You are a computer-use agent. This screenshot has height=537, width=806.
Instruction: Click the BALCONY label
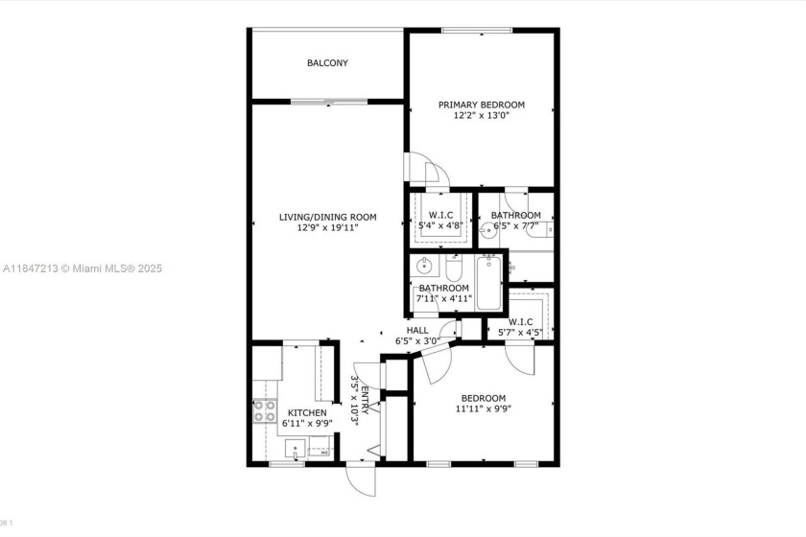pos(327,63)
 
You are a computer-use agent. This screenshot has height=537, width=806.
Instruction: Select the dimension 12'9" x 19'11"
pos(327,228)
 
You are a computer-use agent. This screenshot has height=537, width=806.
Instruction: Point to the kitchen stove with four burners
pos(265,411)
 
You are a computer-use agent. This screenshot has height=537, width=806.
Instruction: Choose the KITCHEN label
pos(307,413)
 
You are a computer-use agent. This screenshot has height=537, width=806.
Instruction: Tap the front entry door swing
pos(362,479)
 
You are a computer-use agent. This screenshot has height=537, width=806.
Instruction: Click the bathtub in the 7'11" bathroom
pos(489,282)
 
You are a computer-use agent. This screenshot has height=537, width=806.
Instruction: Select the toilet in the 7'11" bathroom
pos(455,269)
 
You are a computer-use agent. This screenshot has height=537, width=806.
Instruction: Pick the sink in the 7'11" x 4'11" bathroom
pos(425,265)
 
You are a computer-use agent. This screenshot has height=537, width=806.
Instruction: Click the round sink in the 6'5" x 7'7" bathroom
pos(490,229)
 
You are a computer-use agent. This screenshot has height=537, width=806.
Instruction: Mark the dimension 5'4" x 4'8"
pos(440,226)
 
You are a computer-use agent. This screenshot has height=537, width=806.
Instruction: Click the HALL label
pos(417,330)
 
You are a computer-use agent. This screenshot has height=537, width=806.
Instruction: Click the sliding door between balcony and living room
pos(326,101)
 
